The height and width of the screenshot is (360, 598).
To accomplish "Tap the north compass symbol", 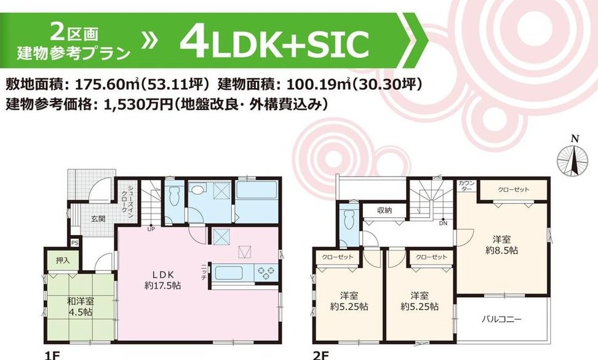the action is click(x=571, y=157).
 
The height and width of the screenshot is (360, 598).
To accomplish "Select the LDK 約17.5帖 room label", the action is click(x=163, y=279).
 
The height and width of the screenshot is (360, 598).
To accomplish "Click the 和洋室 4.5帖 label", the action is click(x=81, y=306).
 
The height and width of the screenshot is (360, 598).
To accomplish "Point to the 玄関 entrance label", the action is click(x=98, y=219).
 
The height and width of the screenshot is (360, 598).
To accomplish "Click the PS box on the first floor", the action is click(x=75, y=242).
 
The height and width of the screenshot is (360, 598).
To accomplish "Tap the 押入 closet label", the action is click(x=63, y=261).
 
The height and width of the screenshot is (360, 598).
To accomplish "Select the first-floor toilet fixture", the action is click(x=173, y=196).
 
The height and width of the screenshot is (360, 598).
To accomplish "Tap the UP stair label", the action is click(x=151, y=230).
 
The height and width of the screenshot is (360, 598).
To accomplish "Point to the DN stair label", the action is click(x=443, y=223).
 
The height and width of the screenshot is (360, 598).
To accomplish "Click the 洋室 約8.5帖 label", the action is click(x=501, y=245).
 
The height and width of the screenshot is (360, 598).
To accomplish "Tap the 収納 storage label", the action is click(x=385, y=210).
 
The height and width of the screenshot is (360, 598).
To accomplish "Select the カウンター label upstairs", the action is click(x=467, y=186).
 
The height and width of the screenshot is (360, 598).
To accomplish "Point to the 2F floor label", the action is click(x=321, y=356).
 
